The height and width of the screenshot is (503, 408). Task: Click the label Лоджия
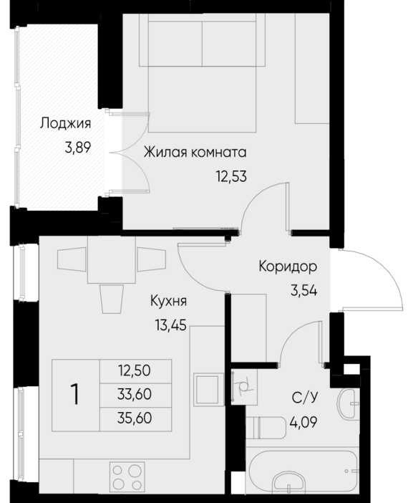(x=65, y=124)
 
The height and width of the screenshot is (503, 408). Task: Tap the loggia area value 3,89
(x=78, y=148)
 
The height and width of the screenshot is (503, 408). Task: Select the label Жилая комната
(x=195, y=153)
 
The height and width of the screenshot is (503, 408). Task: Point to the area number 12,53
(x=231, y=176)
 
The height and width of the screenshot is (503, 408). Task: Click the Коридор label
(x=288, y=267)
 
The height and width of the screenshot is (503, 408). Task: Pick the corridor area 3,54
(x=303, y=291)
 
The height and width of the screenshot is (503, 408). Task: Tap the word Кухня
(x=168, y=302)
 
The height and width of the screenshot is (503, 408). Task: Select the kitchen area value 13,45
(x=170, y=325)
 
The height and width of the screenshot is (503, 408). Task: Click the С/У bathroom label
(x=304, y=398)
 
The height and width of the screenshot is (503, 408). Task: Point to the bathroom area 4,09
(x=303, y=422)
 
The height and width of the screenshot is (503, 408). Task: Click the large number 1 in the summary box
(x=75, y=395)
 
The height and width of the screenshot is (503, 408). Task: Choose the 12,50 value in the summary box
(x=135, y=371)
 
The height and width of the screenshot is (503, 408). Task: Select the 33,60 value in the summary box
(x=135, y=394)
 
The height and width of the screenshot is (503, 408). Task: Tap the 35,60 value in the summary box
(x=135, y=418)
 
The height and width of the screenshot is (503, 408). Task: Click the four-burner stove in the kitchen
(x=127, y=476)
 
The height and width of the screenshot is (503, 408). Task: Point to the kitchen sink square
(x=209, y=390)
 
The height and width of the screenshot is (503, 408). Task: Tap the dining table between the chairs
(x=111, y=260)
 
